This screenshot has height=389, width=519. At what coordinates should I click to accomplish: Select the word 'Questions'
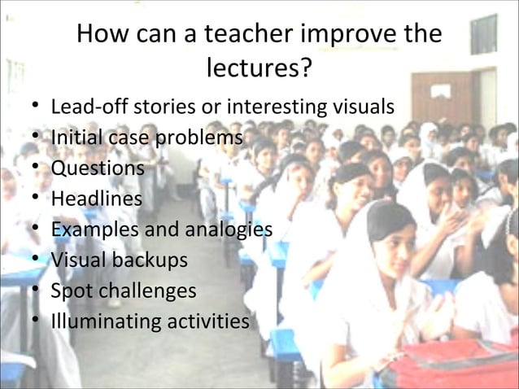[98, 168]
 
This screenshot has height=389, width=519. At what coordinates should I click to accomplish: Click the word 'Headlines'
[96, 199]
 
